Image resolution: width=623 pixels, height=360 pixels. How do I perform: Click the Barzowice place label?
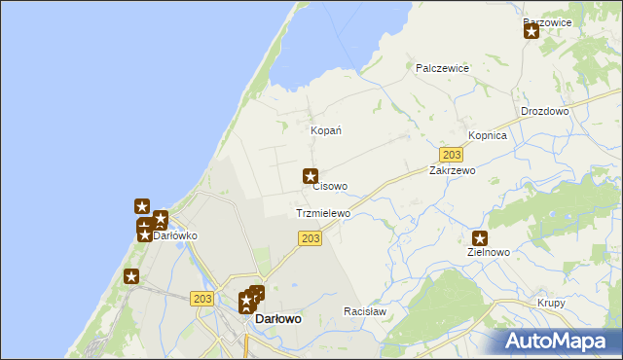[x=546, y=21]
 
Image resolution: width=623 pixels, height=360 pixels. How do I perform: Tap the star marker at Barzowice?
[x=531, y=31]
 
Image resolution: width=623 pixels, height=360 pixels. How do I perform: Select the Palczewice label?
[x=443, y=68]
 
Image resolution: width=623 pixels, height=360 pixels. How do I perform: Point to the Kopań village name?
[x=324, y=130]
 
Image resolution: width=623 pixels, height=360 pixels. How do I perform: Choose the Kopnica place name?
[x=488, y=136]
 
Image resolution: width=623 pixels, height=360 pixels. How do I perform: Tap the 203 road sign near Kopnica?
[x=451, y=155]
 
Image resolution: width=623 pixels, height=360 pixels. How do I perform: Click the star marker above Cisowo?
[x=311, y=176]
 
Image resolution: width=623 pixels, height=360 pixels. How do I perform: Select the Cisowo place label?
[x=330, y=186]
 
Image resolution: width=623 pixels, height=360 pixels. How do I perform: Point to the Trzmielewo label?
[x=322, y=213]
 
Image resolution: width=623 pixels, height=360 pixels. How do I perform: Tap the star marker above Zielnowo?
[x=480, y=237]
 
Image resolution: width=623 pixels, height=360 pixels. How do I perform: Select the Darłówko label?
[x=176, y=235]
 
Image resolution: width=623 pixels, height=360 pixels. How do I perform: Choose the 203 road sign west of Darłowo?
[x=202, y=300]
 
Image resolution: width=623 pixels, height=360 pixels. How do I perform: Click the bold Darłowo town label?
[x=277, y=318]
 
